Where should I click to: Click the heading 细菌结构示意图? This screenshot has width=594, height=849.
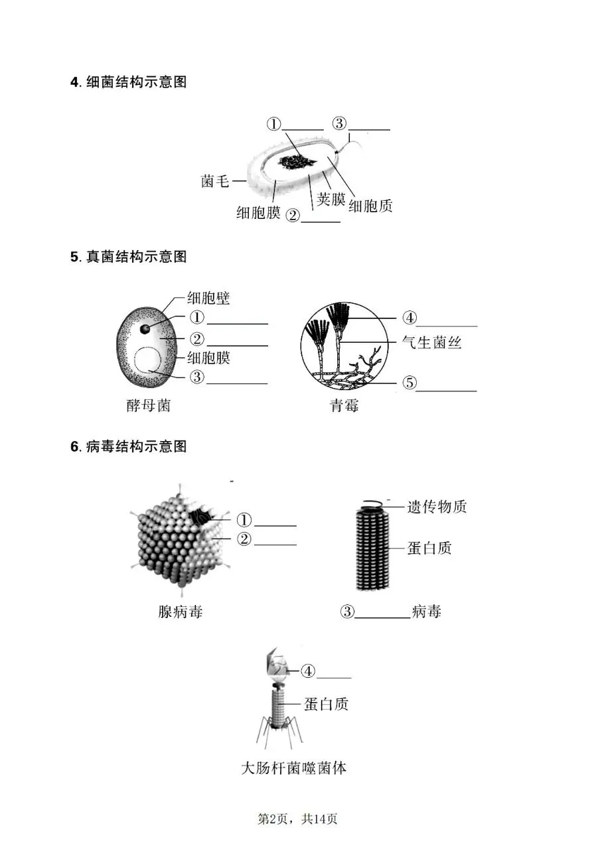pos(129,82)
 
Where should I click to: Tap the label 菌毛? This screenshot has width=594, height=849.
pos(216,180)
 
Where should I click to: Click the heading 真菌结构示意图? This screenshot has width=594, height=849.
pos(129,257)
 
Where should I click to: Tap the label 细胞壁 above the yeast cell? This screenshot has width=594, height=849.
pos(208,298)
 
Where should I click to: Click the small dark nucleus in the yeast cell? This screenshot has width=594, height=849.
pos(145,328)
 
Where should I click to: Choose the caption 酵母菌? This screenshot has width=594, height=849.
pos(149,405)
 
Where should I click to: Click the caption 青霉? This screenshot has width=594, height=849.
pos(344,405)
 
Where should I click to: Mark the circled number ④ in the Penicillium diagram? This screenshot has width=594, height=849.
pos(410,318)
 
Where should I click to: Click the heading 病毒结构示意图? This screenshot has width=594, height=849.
pos(129,446)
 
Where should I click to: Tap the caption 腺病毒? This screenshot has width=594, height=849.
pos(180,612)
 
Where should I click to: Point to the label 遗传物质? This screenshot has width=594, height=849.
pos(437,507)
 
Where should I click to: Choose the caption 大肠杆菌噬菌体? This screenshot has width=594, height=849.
pos(293,769)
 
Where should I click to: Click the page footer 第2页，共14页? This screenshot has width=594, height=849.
pos(297,819)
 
